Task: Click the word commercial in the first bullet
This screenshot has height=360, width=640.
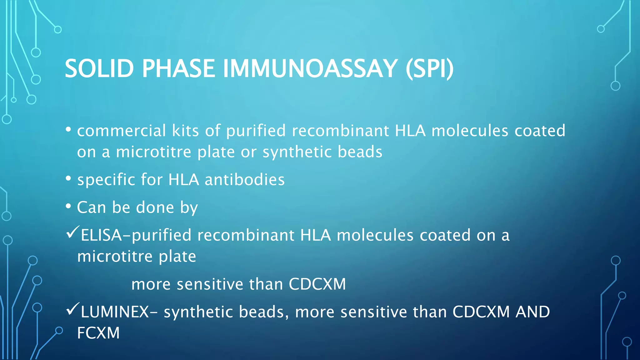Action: tap(121, 131)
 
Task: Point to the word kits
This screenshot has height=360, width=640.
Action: tap(185, 131)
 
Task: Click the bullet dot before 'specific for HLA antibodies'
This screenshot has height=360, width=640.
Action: tap(68, 178)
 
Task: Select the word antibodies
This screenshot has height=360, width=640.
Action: tap(244, 180)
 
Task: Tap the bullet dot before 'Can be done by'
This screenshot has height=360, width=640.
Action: tap(68, 206)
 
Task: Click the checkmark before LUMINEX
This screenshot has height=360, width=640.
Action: tap(73, 309)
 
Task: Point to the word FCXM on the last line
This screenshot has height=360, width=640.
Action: tap(98, 333)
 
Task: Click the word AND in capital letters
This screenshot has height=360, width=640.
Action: tap(532, 312)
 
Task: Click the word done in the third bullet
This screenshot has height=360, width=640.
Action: tap(155, 207)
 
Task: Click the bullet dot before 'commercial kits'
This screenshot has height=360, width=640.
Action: tap(68, 129)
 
